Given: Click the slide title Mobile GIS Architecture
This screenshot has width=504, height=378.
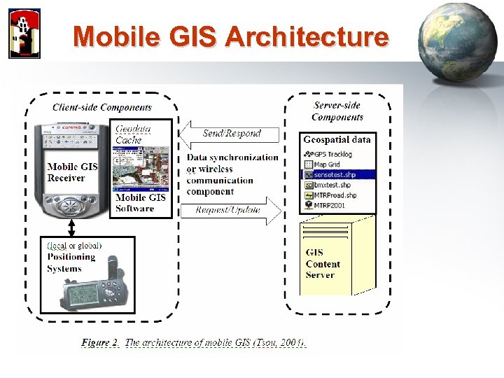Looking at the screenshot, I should coord(230,36).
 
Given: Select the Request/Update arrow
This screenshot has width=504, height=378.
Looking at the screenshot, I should coord(230,209).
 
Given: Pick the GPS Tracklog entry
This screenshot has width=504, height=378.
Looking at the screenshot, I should coord(332,154).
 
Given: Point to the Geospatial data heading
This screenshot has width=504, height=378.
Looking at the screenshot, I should coord(337,139).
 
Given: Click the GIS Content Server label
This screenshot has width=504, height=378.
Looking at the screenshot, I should coord(323,264).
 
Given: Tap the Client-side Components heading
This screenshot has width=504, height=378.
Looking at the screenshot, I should coord(102,107).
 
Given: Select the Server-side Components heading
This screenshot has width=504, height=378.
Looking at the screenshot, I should coord(337,111).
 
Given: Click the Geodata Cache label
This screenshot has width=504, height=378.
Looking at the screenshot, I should coord(132,134).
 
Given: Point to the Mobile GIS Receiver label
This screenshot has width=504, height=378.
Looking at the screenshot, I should coord(71,172).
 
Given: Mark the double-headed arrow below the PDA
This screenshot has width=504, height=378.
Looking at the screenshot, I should coord(71,227).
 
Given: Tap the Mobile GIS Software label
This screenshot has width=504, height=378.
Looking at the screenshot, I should coord(141,203).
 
